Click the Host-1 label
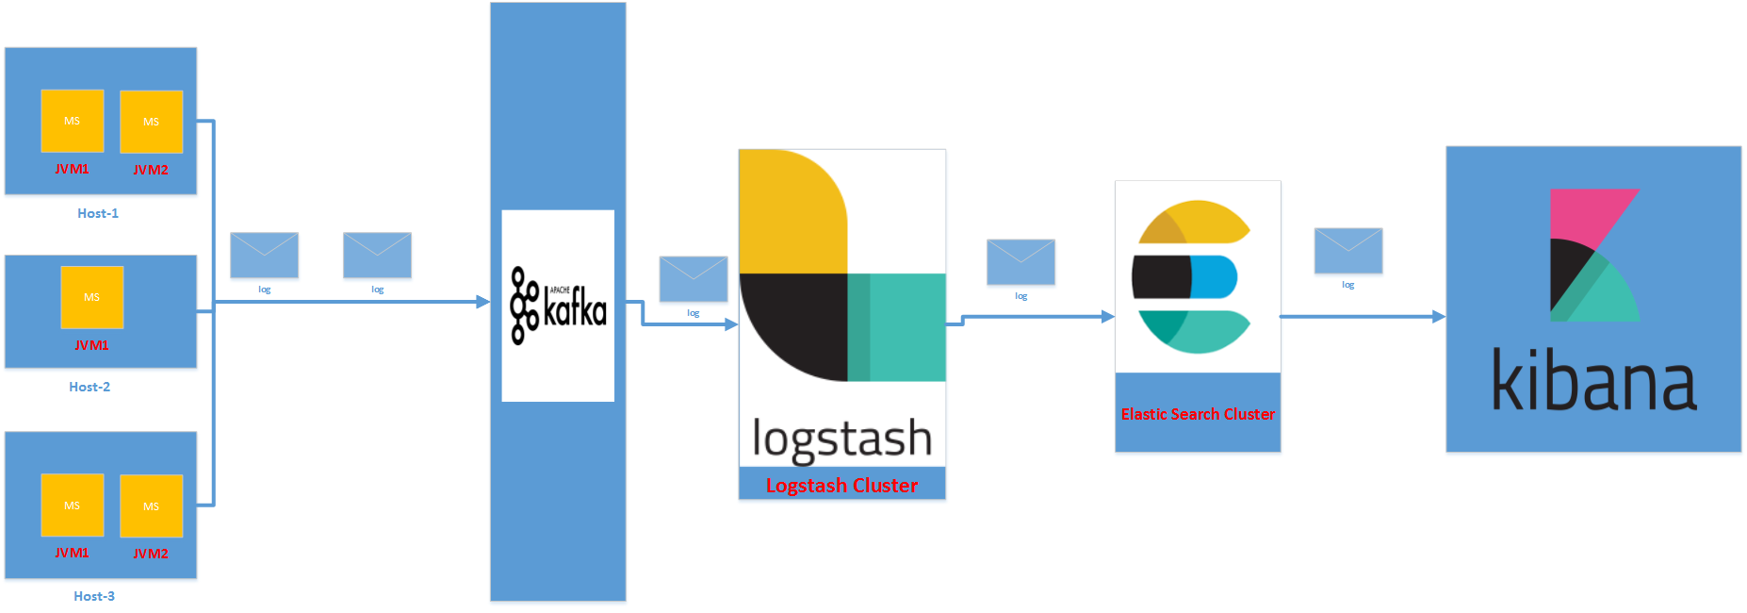click(98, 213)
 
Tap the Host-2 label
click(90, 387)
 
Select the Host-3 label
click(94, 596)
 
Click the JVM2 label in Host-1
click(151, 170)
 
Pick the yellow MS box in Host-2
click(92, 297)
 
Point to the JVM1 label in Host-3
click(72, 553)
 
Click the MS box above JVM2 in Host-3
click(151, 505)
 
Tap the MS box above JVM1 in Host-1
click(72, 121)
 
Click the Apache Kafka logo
click(558, 306)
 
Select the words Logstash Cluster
click(841, 486)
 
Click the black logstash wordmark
click(841, 439)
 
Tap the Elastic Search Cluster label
click(1198, 414)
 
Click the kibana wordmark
click(1594, 381)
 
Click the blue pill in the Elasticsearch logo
click(1215, 276)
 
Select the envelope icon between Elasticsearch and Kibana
click(1348, 251)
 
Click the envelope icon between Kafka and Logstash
click(694, 278)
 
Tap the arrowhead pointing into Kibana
click(1439, 317)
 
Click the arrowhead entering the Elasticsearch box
click(1108, 317)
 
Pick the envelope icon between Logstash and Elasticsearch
click(1020, 261)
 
